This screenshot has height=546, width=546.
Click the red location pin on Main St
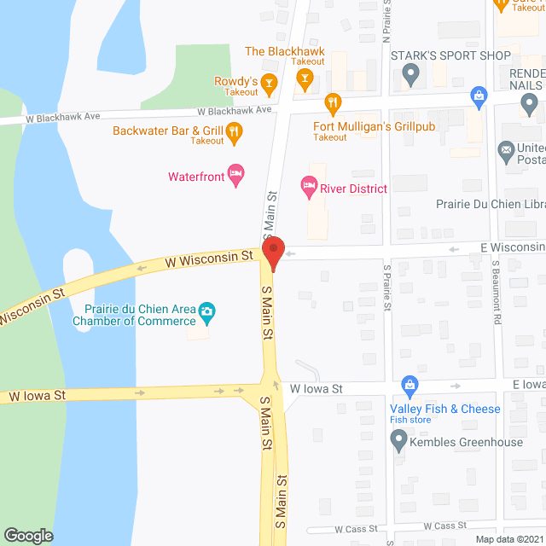[x=272, y=253]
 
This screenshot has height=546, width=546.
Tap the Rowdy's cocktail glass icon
[x=270, y=83]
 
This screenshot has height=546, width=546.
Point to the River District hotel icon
[x=308, y=185]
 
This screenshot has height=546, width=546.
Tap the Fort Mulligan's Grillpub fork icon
[x=334, y=102]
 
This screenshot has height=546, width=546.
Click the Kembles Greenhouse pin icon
[x=398, y=441]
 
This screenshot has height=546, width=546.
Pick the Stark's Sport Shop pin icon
[x=411, y=77]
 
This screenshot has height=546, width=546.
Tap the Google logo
[x=27, y=535]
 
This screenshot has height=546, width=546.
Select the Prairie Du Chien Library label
[x=490, y=205]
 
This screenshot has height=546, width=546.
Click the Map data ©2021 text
[x=508, y=538]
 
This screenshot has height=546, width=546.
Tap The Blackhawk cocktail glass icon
[x=303, y=78]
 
